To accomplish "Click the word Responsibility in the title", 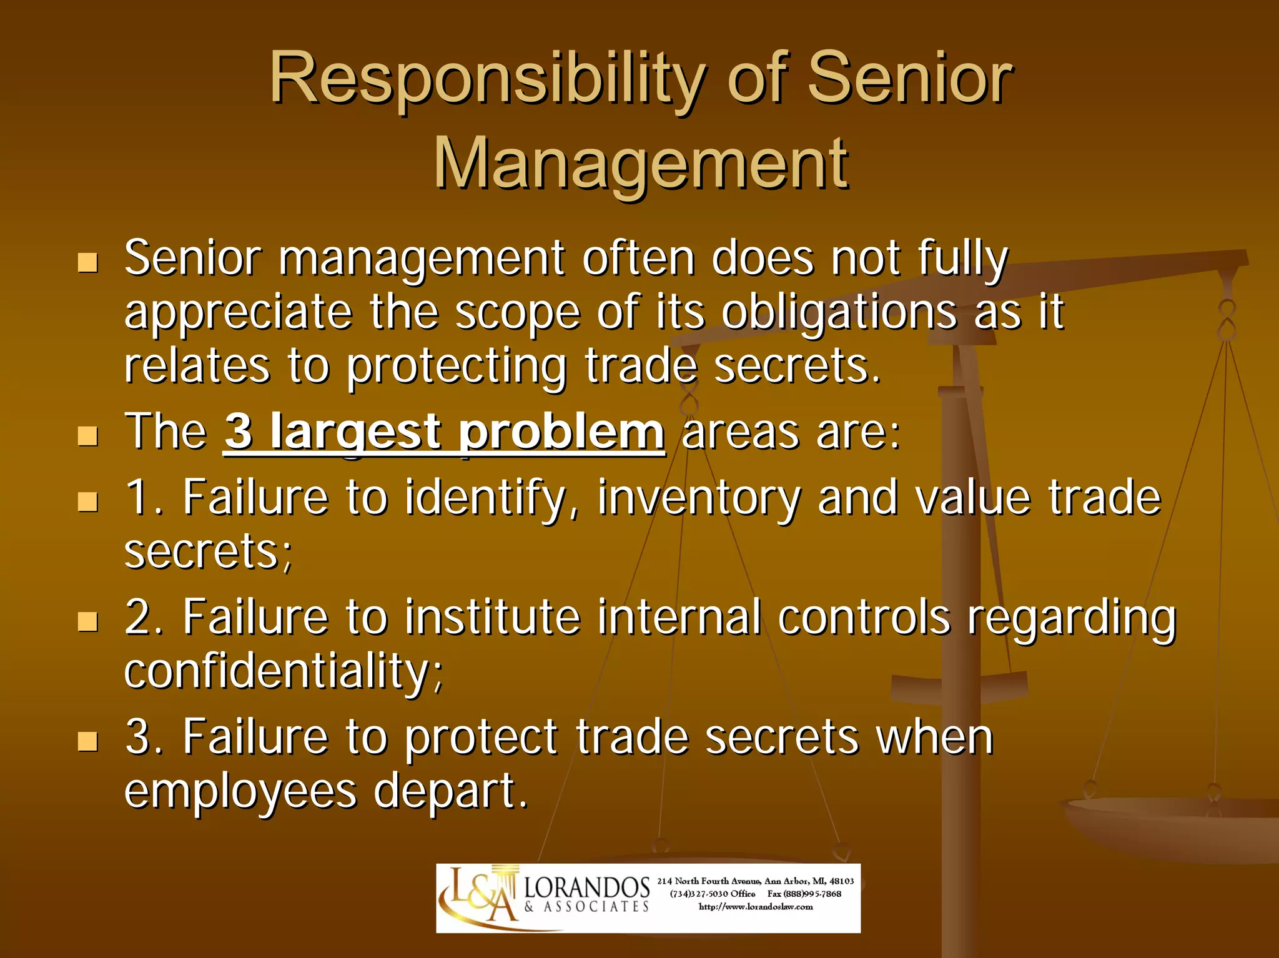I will click(487, 80).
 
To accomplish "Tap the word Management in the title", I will click(641, 164).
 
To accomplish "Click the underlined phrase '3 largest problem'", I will click(444, 432).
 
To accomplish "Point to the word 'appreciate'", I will click(238, 312).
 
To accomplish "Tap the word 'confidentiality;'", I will click(284, 672).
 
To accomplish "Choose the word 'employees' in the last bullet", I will click(240, 792).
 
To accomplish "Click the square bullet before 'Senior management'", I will click(88, 263).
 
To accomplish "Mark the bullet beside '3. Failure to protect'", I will click(88, 741).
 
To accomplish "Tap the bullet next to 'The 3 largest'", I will click(88, 436).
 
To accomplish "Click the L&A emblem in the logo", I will click(478, 897).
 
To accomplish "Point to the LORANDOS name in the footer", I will click(586, 887).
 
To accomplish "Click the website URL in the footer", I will click(756, 907).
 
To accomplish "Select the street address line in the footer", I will click(756, 881).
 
